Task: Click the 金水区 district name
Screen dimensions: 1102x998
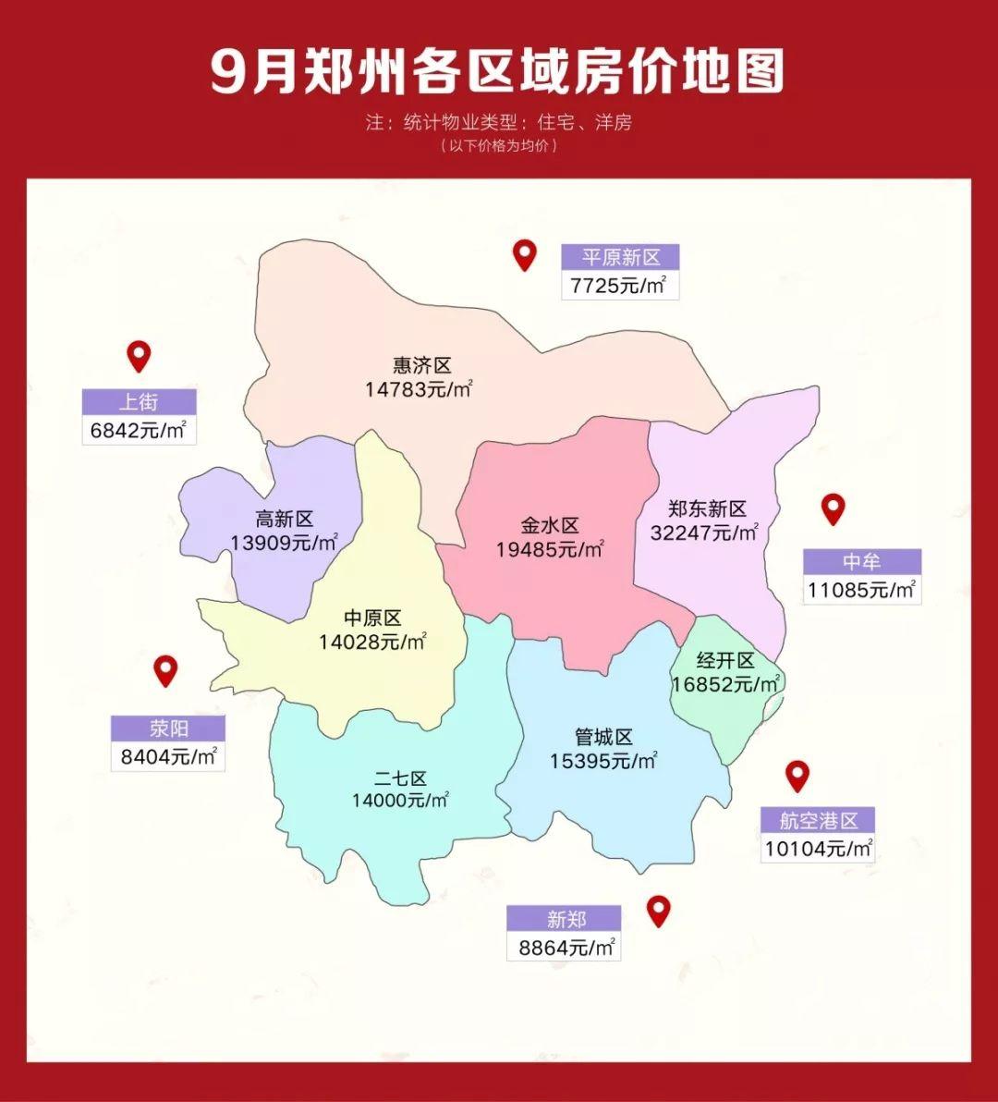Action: pyautogui.click(x=550, y=526)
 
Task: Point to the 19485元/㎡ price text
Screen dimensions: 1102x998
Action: pyautogui.click(x=550, y=549)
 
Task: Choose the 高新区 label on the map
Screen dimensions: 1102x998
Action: pyautogui.click(x=285, y=520)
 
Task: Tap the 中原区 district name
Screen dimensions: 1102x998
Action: pyautogui.click(x=372, y=618)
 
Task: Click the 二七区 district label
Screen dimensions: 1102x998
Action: pyautogui.click(x=400, y=778)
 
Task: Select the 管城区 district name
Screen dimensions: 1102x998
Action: pyautogui.click(x=603, y=738)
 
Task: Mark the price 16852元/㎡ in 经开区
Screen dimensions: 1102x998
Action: pyautogui.click(x=726, y=684)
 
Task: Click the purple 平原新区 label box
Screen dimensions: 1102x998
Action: pyautogui.click(x=620, y=257)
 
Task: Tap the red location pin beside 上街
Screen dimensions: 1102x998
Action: pyautogui.click(x=139, y=355)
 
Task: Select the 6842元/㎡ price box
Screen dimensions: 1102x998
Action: pyautogui.click(x=139, y=430)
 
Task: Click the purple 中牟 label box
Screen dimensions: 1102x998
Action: pyautogui.click(x=861, y=562)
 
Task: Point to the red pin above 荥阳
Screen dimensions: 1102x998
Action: pyautogui.click(x=165, y=670)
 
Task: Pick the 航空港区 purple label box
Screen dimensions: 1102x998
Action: pyautogui.click(x=818, y=820)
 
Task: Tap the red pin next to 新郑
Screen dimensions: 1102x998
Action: pyautogui.click(x=658, y=911)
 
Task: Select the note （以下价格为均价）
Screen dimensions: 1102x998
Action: pyautogui.click(x=499, y=146)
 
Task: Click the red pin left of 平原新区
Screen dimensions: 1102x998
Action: pyautogui.click(x=525, y=254)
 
